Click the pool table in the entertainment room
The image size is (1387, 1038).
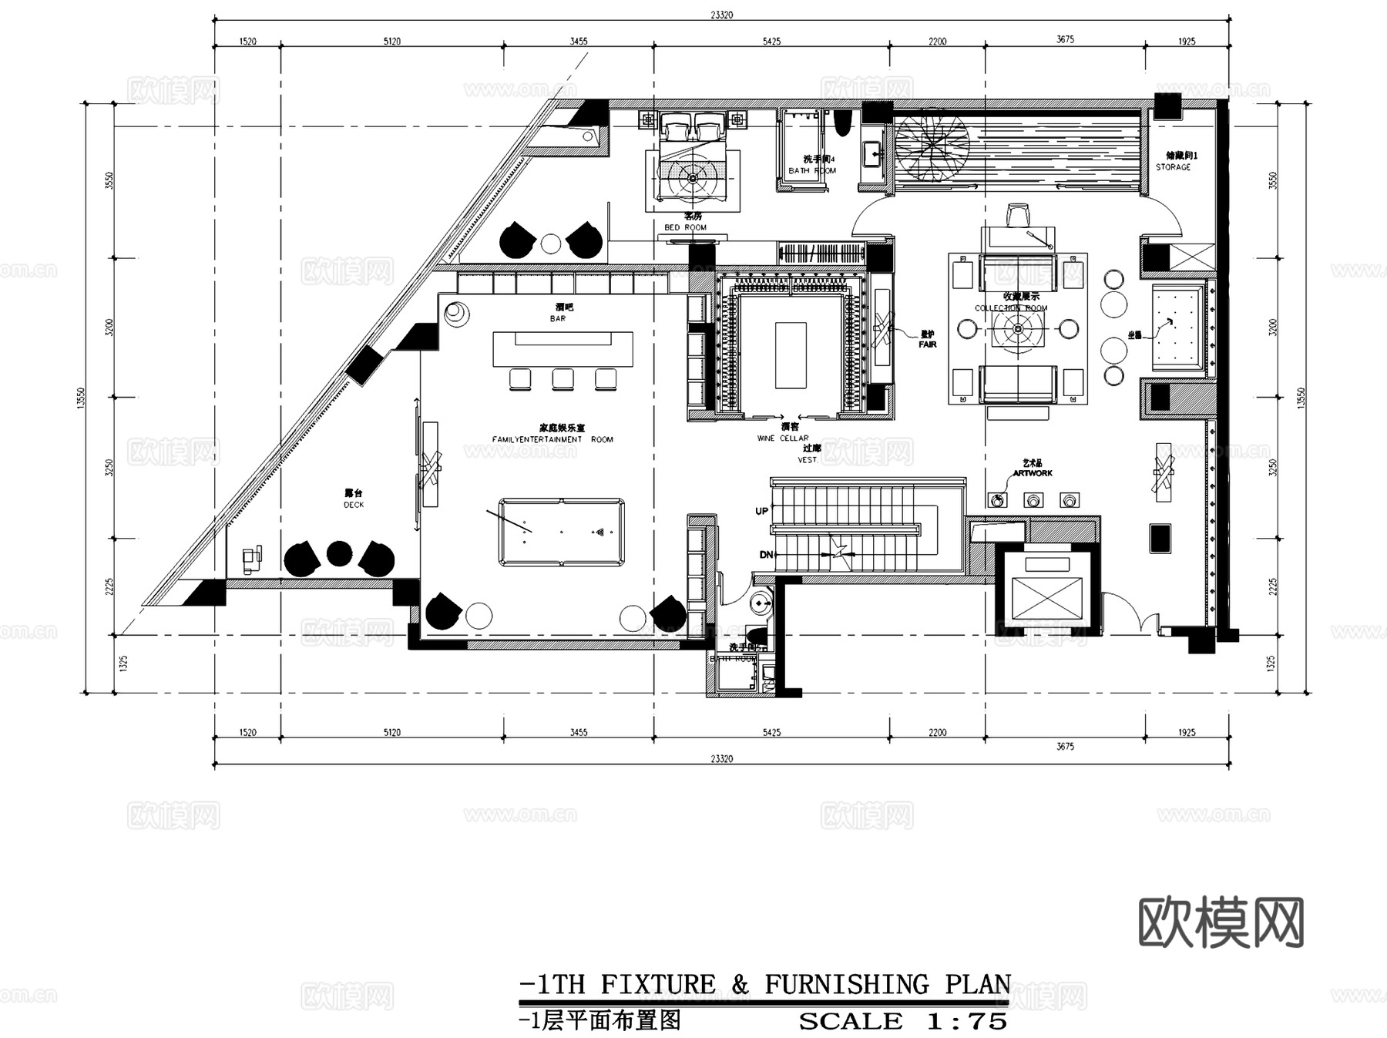[x=561, y=532]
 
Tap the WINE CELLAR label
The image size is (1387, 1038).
[x=783, y=438]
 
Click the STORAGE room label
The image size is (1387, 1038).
[x=1173, y=166]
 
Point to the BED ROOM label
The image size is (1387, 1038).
[x=685, y=227]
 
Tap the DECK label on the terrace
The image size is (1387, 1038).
[x=354, y=505]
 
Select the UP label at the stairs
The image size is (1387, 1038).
[x=761, y=511]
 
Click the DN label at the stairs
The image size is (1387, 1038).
[x=765, y=555]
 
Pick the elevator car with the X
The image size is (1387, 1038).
[x=1046, y=600]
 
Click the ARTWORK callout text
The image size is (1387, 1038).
[x=1033, y=473]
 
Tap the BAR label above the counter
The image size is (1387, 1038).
[x=558, y=318]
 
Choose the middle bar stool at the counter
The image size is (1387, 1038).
[x=563, y=379]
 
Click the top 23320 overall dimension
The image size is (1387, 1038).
[x=721, y=15]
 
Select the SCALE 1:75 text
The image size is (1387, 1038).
[x=902, y=1022]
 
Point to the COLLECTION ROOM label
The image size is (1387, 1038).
[x=1011, y=308]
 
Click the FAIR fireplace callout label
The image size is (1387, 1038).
[x=927, y=344]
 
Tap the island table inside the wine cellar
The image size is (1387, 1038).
[x=791, y=355]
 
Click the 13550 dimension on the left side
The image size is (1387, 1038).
[x=82, y=398]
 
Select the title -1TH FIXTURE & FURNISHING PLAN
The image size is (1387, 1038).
[x=764, y=985]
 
